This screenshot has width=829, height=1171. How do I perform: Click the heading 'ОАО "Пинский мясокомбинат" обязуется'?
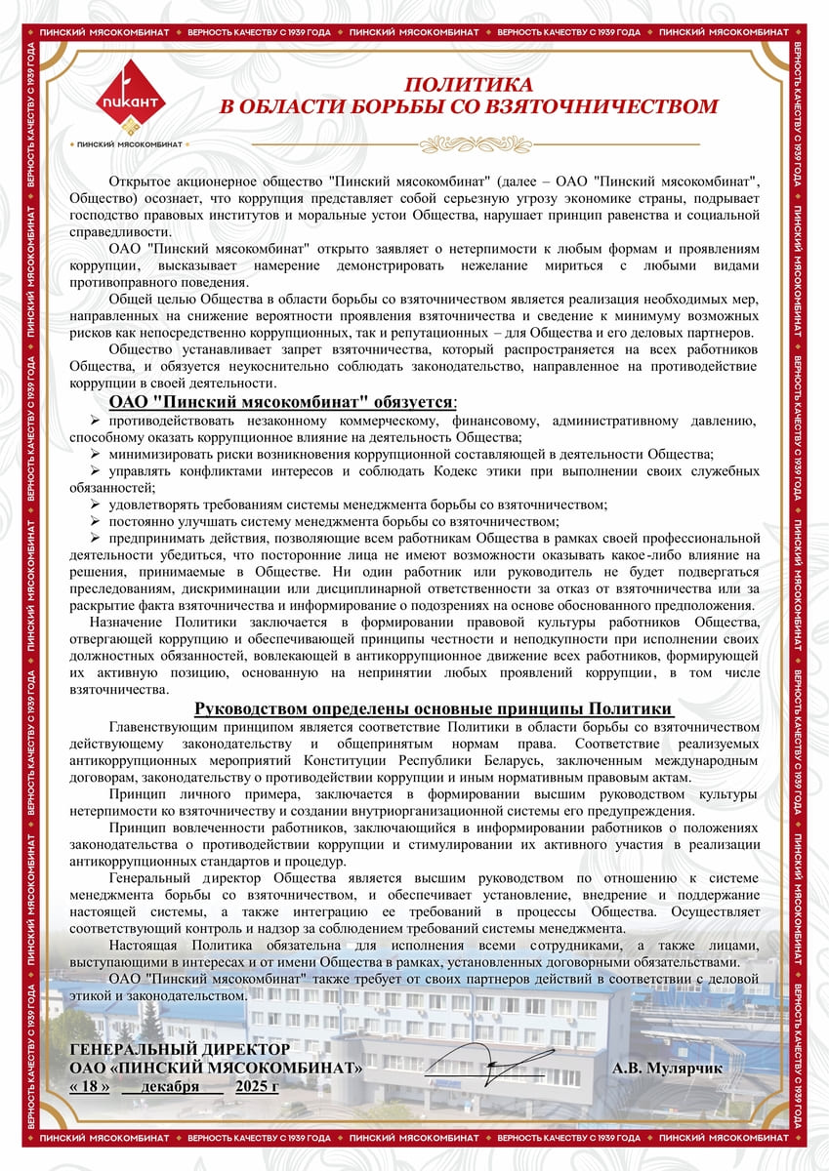tap(280, 402)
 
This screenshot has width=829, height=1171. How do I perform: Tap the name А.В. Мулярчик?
tap(668, 1069)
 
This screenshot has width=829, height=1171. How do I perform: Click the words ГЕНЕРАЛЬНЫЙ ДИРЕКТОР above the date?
tap(181, 1049)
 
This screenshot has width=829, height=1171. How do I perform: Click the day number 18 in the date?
tap(90, 1086)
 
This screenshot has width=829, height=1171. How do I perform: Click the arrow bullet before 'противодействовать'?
tap(96, 421)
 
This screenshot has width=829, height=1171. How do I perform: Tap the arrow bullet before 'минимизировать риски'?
tap(96, 454)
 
